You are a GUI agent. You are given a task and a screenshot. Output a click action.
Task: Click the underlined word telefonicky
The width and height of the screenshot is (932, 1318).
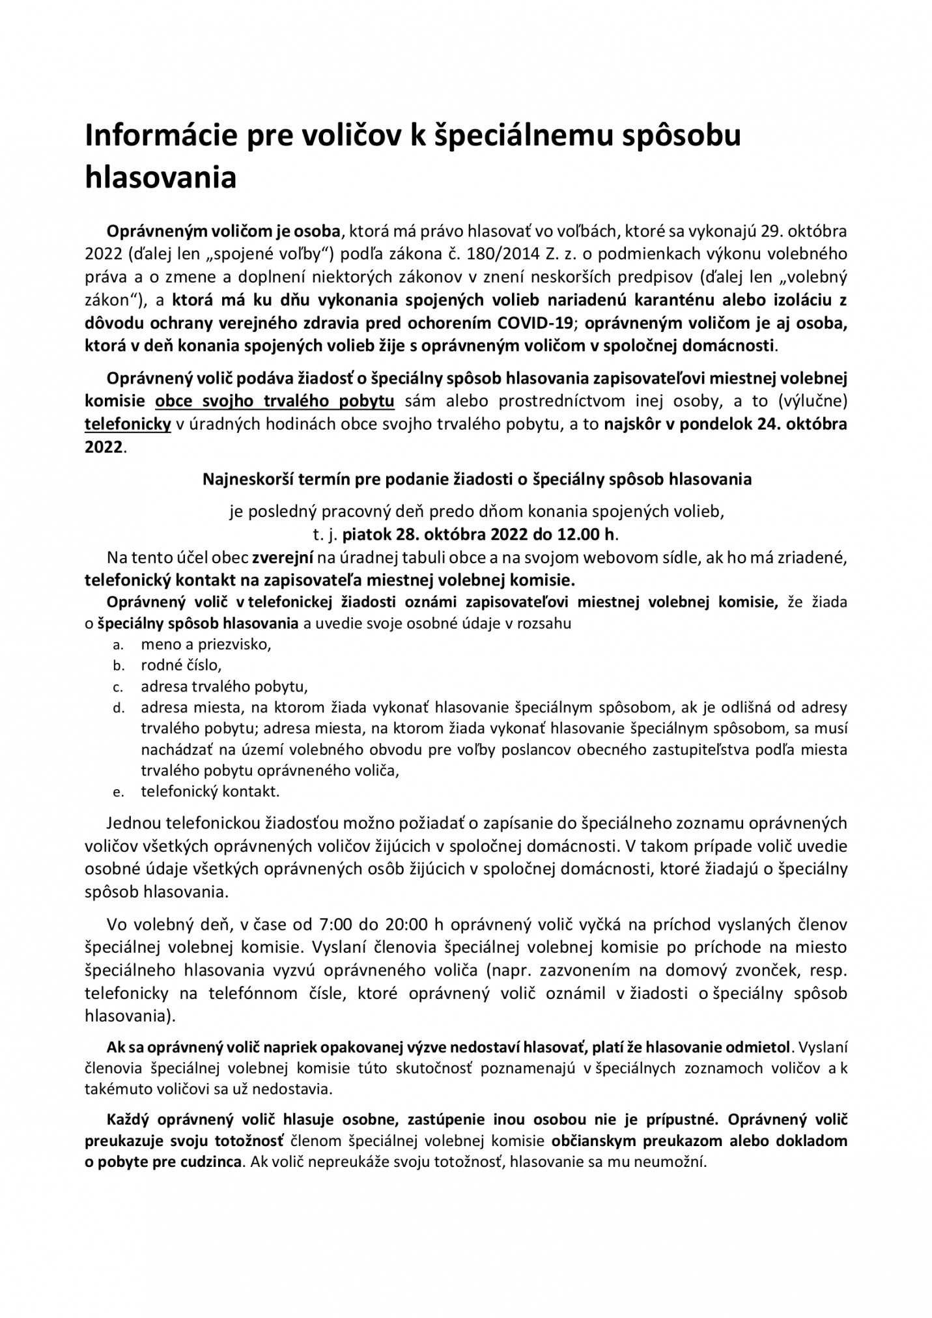(128, 425)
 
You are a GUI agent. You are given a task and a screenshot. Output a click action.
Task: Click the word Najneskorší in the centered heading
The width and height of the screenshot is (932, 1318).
(242, 479)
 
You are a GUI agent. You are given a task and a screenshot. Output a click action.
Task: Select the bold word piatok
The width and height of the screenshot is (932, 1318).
(367, 535)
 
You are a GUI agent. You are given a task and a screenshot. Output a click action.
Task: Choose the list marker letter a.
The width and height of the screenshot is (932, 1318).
(117, 645)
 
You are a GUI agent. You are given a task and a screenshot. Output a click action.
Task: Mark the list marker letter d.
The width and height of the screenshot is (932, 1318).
(118, 708)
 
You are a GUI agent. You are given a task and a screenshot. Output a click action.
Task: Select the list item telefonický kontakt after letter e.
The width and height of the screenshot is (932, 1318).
(210, 792)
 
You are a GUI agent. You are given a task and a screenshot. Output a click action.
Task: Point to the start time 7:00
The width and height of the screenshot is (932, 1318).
(334, 925)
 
